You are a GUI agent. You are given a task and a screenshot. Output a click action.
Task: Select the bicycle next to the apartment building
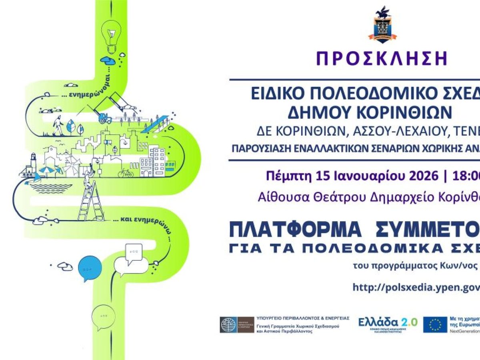[125, 173]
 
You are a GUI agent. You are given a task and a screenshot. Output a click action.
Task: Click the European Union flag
[435, 324]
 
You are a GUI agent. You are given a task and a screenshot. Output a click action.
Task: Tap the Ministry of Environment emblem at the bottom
[237, 325]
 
